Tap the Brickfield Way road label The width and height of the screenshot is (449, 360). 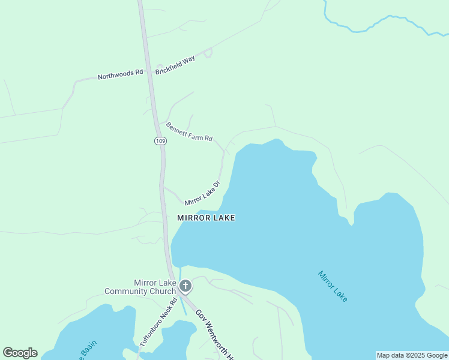(175, 65)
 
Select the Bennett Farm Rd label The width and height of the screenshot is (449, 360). (189, 132)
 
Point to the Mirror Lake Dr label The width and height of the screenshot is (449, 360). (202, 193)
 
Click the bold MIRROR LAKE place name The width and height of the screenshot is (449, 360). (206, 218)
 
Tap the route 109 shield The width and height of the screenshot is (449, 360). (160, 141)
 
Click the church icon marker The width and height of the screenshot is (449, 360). (185, 286)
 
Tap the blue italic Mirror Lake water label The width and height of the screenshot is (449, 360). (333, 286)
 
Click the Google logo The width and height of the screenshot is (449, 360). (20, 353)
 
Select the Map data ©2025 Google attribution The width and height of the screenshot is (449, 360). (412, 355)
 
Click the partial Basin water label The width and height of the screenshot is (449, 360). (88, 349)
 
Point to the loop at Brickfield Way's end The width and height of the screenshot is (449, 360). (208, 53)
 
